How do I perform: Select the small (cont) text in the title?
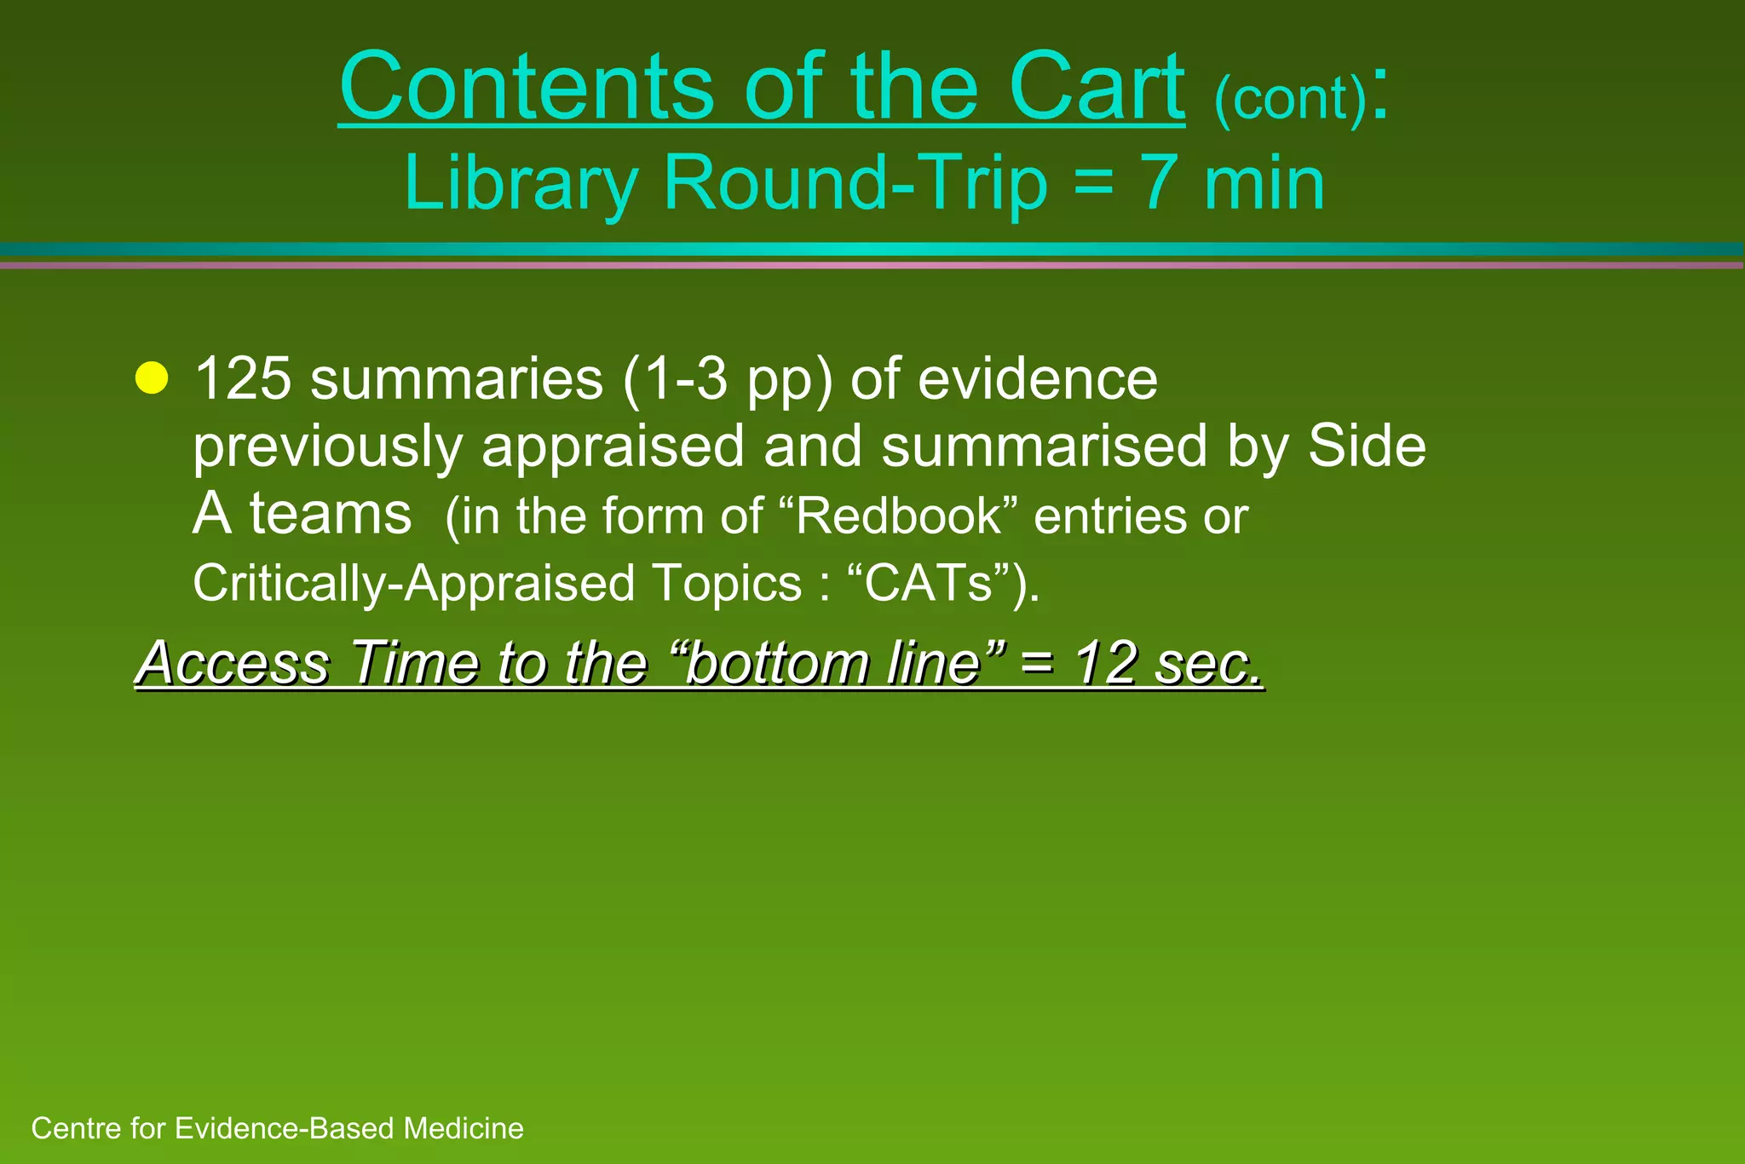pos(1290,99)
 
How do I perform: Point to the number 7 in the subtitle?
pos(1160,183)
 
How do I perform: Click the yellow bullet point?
pos(152,378)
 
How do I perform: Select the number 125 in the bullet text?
pos(242,378)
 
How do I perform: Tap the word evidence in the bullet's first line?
pos(1037,378)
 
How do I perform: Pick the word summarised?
pos(1044,447)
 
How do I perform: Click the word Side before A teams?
pos(1366,445)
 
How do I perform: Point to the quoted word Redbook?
pos(898,516)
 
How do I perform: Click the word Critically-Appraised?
pos(414,584)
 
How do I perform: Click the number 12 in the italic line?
pos(1105,662)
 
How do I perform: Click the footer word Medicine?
pos(464,1128)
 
